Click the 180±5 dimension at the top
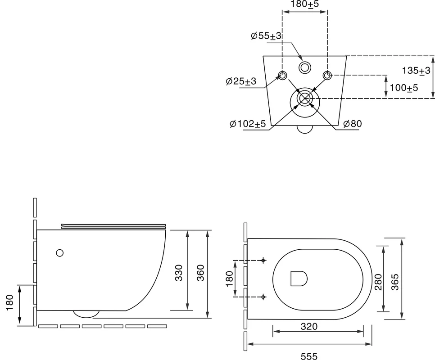pos(305,4)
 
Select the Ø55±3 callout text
pos(266,36)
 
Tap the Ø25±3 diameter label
pos(241,81)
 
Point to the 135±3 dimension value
pos(416,71)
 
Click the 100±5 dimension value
pos(404,88)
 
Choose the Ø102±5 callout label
pos(248,124)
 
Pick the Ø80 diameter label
pos(352,124)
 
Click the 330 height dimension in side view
pos(179,273)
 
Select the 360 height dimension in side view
pos(200,273)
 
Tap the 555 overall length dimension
pos(309,356)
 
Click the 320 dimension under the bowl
pos(309,326)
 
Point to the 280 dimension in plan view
pos(378,282)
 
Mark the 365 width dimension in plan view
pos(395,282)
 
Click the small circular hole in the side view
pos(59,253)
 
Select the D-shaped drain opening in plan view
pos(299,278)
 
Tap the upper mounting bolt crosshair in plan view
pos(263,260)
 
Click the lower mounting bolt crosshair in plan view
pos(263,297)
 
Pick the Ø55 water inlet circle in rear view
pos(305,67)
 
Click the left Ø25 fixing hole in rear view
pos(282,75)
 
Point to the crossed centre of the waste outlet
pos(305,99)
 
